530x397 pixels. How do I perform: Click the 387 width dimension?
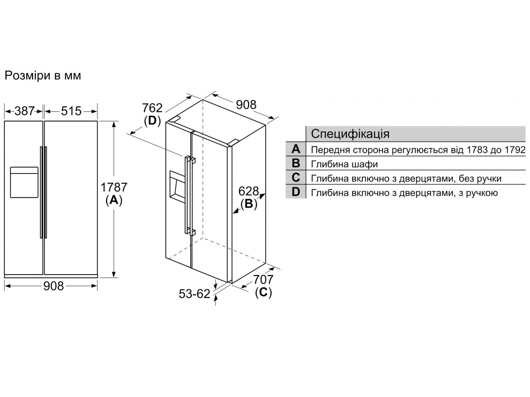(x=24, y=111)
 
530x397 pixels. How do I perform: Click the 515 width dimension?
(x=71, y=111)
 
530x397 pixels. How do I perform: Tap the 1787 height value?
(x=114, y=187)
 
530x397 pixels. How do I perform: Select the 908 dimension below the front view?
(x=53, y=286)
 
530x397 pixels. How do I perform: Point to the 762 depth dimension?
(x=152, y=108)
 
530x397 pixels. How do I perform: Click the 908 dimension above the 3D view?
(x=246, y=105)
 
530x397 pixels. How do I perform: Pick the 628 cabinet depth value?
(x=248, y=192)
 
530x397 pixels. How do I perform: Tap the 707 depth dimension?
(x=263, y=280)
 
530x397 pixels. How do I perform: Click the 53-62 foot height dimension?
(x=194, y=294)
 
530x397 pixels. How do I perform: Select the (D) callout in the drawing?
(x=152, y=121)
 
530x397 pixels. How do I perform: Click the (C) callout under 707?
(x=264, y=292)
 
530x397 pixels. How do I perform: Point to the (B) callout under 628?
(x=249, y=204)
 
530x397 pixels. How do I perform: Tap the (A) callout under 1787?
(x=114, y=200)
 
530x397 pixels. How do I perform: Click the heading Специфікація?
(x=350, y=134)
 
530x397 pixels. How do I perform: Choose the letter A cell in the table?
(x=296, y=149)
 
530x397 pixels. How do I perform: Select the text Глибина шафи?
(x=344, y=164)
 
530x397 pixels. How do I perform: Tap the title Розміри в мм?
(x=43, y=75)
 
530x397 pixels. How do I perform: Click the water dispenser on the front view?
(x=24, y=182)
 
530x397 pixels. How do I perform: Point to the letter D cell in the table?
(x=296, y=192)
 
